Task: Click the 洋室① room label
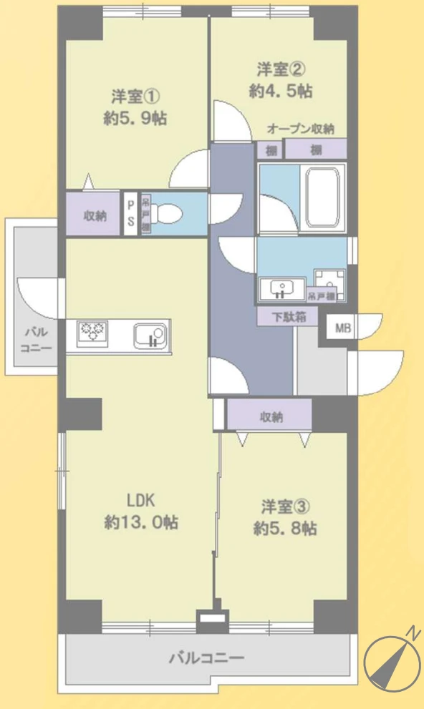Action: (134, 97)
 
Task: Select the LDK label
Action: (141, 500)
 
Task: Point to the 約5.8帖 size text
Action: (285, 529)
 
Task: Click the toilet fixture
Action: (168, 212)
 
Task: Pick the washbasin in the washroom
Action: (283, 289)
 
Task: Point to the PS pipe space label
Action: (131, 213)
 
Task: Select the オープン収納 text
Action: (300, 129)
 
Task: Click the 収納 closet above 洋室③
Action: (270, 415)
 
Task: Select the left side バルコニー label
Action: (34, 340)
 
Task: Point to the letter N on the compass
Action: (413, 630)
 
